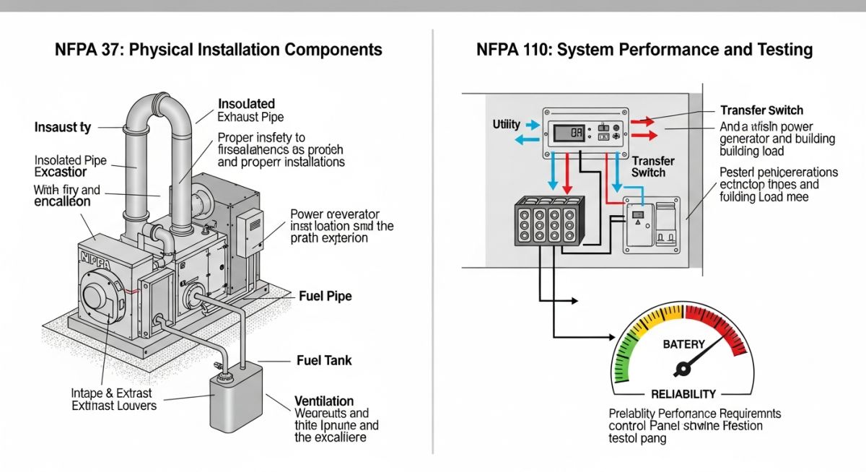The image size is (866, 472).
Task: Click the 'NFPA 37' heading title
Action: pos(218,50)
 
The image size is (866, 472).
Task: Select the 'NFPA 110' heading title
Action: pos(644,50)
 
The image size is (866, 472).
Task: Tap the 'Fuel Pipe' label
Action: pos(325,297)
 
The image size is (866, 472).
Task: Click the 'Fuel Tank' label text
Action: pos(324,359)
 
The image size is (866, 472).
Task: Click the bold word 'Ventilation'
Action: pos(324,401)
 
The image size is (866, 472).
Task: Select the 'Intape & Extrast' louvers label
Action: pos(113,393)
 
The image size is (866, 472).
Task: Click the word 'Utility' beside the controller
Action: pos(506,124)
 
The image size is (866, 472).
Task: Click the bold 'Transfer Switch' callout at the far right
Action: pos(761,110)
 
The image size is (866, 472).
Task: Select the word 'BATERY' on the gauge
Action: pos(683,345)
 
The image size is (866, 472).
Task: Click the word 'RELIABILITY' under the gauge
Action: pos(683,394)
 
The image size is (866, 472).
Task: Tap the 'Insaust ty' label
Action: pos(63,128)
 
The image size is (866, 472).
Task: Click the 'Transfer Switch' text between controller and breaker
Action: pos(653,167)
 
